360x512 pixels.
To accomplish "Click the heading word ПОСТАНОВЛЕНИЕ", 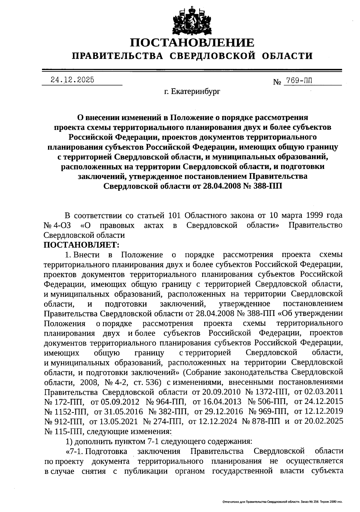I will coord(192,43).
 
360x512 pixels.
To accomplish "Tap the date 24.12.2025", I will coord(72,80).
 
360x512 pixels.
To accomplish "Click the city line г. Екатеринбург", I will coord(192,91).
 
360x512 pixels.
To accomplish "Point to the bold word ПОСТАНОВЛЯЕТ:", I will coord(81,245).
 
